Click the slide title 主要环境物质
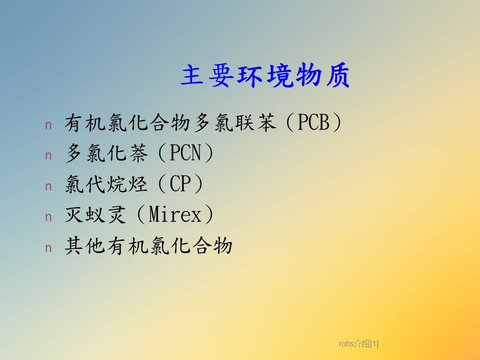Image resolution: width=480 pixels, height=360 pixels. pyautogui.click(x=265, y=75)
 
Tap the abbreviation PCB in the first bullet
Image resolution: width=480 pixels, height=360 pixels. pyautogui.click(x=313, y=122)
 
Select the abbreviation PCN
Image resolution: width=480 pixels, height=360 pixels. pyautogui.click(x=185, y=153)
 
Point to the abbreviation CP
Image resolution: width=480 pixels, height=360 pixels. pyautogui.click(x=180, y=183)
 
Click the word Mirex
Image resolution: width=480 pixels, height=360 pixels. pyautogui.click(x=175, y=214)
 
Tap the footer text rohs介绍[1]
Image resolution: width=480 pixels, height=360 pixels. pyautogui.click(x=358, y=344)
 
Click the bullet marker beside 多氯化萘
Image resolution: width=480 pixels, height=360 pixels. pyautogui.click(x=48, y=155)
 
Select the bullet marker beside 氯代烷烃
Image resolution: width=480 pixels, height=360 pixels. pyautogui.click(x=48, y=186)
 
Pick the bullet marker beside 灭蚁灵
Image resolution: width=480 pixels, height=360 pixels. pyautogui.click(x=48, y=216)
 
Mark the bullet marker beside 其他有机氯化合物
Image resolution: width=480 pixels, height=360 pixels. pyautogui.click(x=48, y=247)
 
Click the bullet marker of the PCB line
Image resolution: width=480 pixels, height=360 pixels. pyautogui.click(x=48, y=125)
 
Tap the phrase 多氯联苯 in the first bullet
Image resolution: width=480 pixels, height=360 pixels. pyautogui.click(x=235, y=122)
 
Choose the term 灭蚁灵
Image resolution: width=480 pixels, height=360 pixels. pyautogui.click(x=95, y=214)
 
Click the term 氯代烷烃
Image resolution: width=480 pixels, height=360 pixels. pyautogui.click(x=106, y=183)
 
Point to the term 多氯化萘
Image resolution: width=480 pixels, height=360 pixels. pyautogui.click(x=106, y=153)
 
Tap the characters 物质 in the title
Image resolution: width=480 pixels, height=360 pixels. pyautogui.click(x=322, y=75)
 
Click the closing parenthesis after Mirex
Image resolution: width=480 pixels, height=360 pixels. pyautogui.click(x=209, y=214)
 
